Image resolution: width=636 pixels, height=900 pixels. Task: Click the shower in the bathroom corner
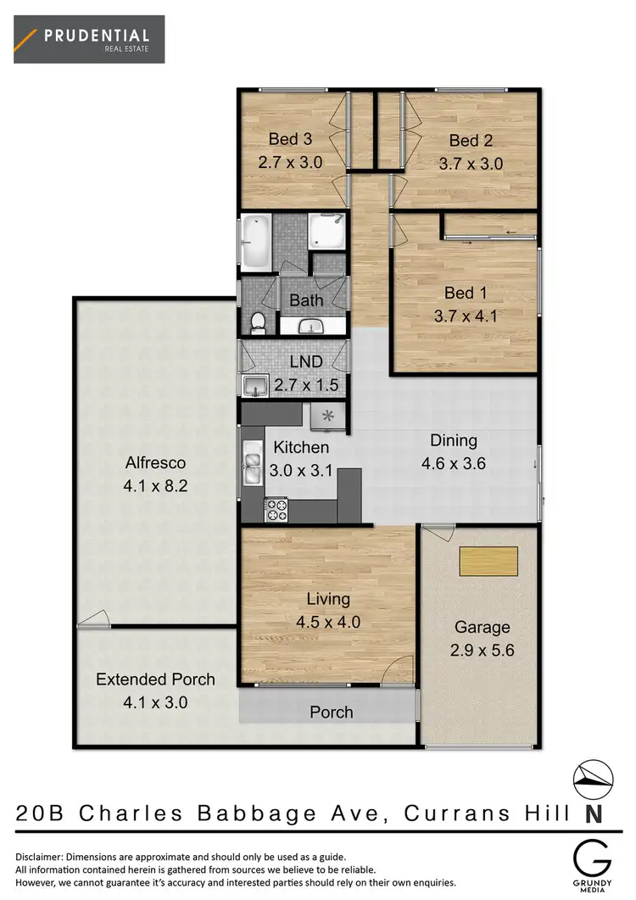coord(326,230)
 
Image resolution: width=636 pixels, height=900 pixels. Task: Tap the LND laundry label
coord(307,361)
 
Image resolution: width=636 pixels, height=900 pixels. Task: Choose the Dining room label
coord(454,441)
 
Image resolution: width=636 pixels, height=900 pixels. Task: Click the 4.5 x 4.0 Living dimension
coord(328,622)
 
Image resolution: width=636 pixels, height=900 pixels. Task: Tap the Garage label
coord(482,628)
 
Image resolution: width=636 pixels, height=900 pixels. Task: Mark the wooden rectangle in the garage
coord(488,562)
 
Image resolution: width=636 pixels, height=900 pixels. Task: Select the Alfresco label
coord(155,463)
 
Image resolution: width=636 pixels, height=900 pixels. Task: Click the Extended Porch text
coord(155,679)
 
